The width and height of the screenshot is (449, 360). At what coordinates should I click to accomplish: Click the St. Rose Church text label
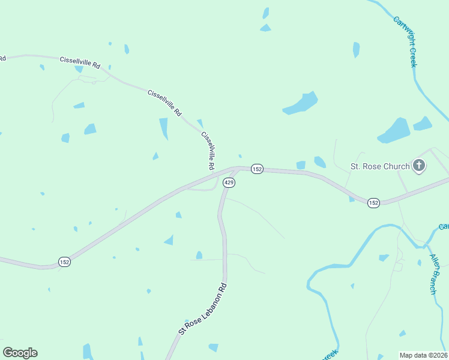pos(379,166)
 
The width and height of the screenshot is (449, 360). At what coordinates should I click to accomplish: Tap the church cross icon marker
pos(419,166)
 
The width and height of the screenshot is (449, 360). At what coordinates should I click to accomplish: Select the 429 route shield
pos(228,182)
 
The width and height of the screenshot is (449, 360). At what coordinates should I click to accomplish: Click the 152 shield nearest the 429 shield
pos(257,169)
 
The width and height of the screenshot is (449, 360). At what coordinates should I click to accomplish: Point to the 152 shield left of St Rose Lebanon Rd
pos(65,261)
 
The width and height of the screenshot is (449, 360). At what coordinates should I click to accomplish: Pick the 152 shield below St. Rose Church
pos(373,203)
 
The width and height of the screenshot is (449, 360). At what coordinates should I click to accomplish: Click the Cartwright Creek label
pos(405,41)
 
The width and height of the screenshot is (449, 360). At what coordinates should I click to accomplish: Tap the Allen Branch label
pos(435,274)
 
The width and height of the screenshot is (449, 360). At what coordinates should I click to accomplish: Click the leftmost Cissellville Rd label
pos(79,62)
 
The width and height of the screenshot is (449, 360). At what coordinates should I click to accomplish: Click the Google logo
pos(20,353)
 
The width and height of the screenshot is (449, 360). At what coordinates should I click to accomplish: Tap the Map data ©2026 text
pos(423,355)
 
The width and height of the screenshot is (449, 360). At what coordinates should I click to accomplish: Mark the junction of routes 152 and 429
pos(236,170)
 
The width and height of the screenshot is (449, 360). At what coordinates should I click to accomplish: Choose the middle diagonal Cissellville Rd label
pos(164,103)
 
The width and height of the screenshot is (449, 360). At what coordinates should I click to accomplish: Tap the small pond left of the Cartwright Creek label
pos(357,49)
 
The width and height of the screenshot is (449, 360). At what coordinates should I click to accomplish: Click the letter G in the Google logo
pos(8,352)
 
